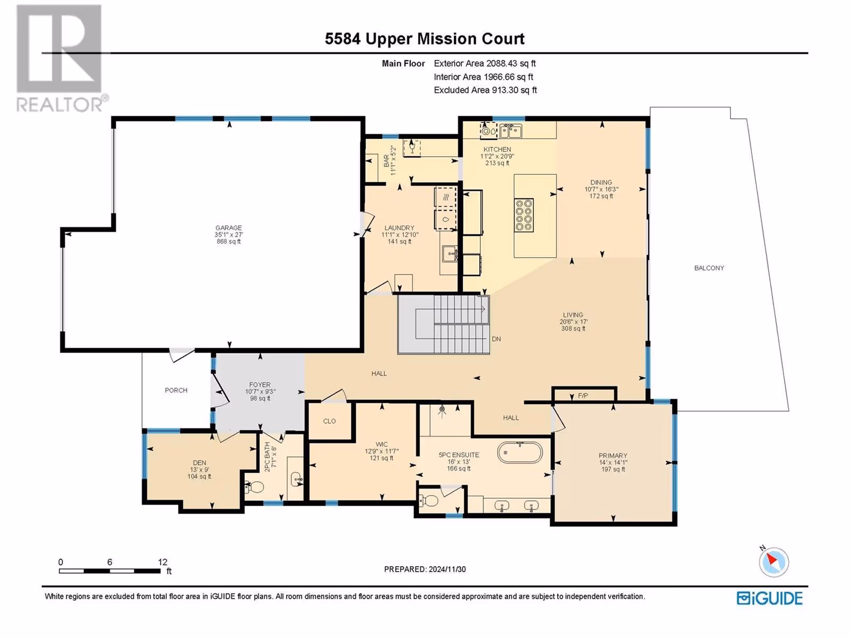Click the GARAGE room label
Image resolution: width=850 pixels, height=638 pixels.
tap(228, 228)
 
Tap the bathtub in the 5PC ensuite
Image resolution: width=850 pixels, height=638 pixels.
tap(520, 452)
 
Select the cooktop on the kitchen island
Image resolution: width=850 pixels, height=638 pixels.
tap(524, 215)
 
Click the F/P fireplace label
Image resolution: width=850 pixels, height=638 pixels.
tap(583, 396)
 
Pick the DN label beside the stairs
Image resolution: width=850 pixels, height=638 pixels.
tap(496, 339)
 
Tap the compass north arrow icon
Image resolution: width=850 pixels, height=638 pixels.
tap(773, 561)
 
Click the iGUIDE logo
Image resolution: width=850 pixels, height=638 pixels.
tap(769, 598)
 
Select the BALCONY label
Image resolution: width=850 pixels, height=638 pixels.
tap(709, 267)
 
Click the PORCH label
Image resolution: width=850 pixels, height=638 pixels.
tap(176, 390)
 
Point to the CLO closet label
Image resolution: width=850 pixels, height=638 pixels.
tap(329, 421)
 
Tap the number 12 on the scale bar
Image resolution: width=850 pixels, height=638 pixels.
tap(163, 561)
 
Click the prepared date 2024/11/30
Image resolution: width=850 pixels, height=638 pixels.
tap(447, 569)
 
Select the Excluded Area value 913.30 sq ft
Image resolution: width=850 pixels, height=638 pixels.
tap(514, 90)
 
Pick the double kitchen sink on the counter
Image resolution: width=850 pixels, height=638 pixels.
tap(511, 131)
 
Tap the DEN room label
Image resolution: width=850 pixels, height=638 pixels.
tap(199, 463)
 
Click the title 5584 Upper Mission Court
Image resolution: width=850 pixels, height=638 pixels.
tap(425, 39)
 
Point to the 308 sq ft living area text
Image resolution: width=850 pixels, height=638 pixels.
tap(573, 329)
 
